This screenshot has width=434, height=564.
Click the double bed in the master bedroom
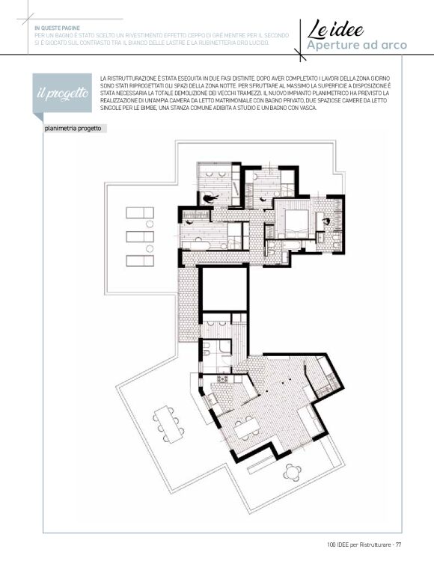[296, 224]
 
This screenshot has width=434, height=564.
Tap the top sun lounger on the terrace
[140, 212]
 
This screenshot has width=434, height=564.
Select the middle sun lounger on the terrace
[140, 236]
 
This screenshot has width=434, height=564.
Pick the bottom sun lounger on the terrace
[140, 261]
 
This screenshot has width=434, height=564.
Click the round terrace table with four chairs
[292, 472]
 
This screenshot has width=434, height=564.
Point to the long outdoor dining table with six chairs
[168, 424]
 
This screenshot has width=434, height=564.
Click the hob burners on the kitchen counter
[222, 379]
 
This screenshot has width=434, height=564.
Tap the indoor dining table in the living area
[246, 428]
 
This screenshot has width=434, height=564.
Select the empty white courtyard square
[224, 289]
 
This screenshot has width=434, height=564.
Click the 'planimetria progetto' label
[73, 129]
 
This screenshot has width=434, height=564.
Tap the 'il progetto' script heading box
[62, 94]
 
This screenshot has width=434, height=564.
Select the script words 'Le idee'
[335, 29]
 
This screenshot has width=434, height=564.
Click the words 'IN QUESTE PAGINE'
[57, 28]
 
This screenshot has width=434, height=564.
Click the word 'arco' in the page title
[393, 46]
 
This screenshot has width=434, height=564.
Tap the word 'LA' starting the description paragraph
[103, 79]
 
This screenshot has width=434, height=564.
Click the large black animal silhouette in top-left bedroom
[210, 198]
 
